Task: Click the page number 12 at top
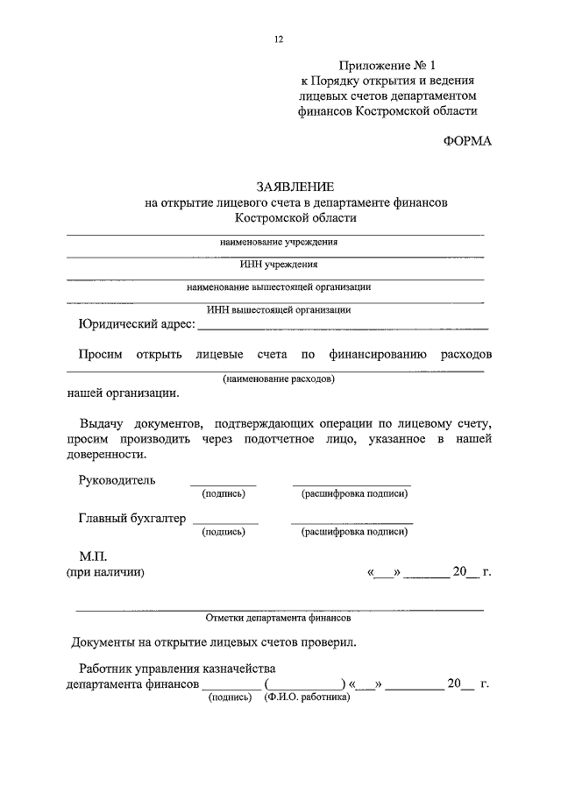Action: (279, 39)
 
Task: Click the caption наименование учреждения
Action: (279, 242)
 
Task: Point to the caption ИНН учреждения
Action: (278, 264)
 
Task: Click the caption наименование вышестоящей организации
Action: (279, 287)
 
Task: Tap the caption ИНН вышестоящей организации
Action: (279, 308)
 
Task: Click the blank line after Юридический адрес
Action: (343, 327)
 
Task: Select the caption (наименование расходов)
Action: (279, 379)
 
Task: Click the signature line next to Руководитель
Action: (224, 485)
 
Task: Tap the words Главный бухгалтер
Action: (132, 518)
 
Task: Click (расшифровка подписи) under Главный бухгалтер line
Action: (353, 532)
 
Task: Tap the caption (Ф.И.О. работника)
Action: (306, 698)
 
